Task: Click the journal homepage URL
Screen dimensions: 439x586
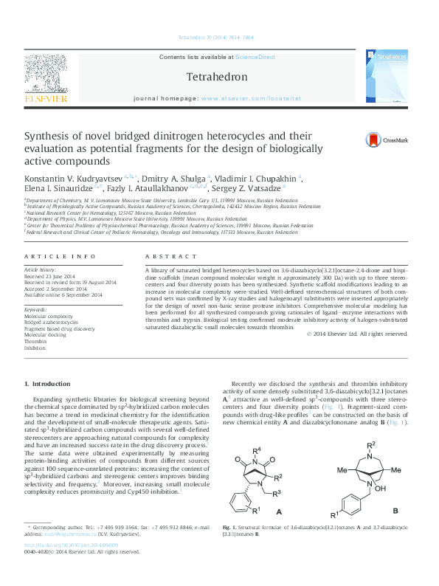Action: (251, 98)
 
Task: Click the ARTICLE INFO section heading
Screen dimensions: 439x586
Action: (61, 255)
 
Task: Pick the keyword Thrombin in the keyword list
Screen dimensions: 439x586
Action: (35, 342)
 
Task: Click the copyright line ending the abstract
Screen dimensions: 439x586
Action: (356, 334)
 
